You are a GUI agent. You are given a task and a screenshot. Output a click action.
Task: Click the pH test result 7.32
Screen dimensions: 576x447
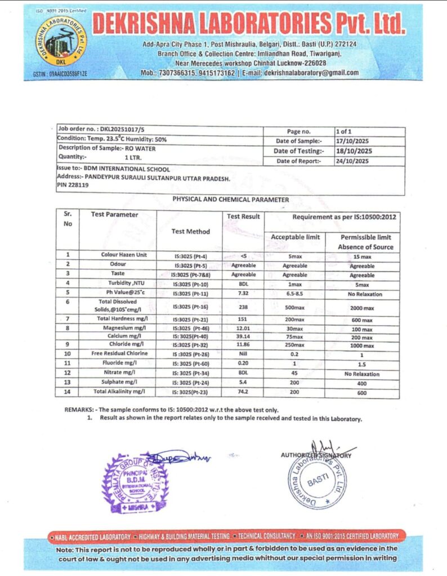pyautogui.click(x=243, y=293)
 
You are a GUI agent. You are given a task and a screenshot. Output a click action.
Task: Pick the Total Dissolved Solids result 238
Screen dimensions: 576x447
pyautogui.click(x=243, y=308)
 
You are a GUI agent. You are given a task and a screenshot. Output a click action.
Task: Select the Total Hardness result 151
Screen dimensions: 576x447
pyautogui.click(x=243, y=319)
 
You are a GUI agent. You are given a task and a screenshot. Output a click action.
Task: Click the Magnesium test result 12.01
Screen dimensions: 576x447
pyautogui.click(x=243, y=328)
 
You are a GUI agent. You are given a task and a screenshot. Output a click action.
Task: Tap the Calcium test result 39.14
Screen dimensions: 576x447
pyautogui.click(x=243, y=336)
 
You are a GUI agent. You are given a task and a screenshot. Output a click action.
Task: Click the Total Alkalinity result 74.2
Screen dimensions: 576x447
pyautogui.click(x=243, y=392)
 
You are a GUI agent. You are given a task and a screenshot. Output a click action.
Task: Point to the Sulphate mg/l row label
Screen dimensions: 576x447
pyautogui.click(x=119, y=382)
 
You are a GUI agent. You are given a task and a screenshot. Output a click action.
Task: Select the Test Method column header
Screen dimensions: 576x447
pyautogui.click(x=190, y=231)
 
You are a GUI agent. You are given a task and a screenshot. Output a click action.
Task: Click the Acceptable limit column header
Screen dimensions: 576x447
pyautogui.click(x=295, y=237)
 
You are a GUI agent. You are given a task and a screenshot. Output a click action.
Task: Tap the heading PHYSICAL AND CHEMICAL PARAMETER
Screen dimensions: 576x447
pyautogui.click(x=230, y=200)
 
